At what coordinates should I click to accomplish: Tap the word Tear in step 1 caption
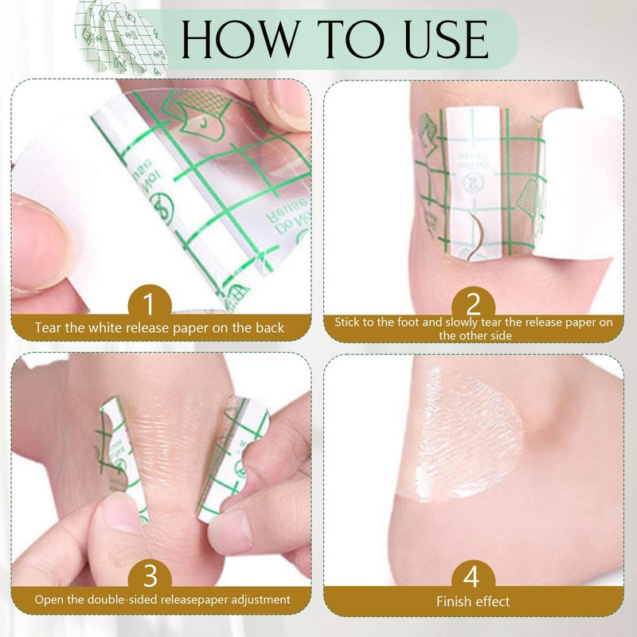tap(49, 326)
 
